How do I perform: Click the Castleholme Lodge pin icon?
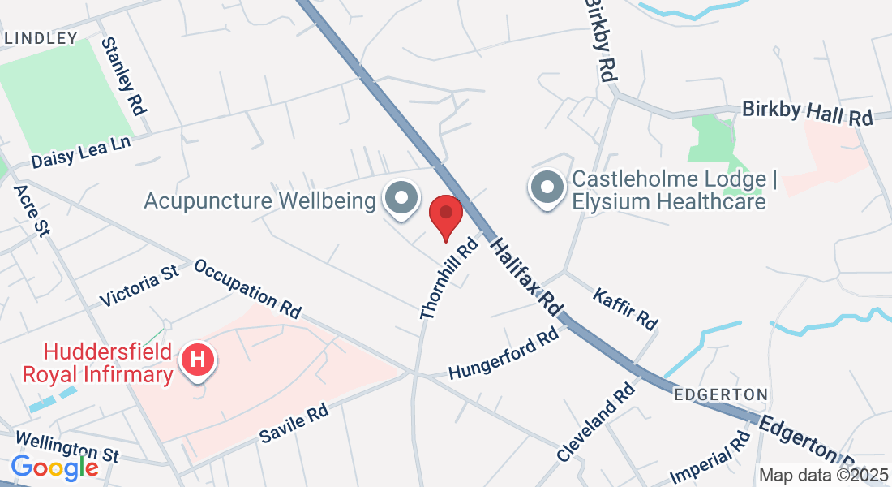point(547,187)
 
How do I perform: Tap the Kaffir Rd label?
point(624,308)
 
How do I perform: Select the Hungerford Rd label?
point(504,353)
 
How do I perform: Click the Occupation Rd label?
point(247,288)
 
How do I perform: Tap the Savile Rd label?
point(294,425)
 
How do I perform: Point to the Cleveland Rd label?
point(595,422)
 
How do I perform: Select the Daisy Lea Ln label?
point(81,150)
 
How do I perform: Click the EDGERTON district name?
point(721,394)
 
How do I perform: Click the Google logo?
point(54,468)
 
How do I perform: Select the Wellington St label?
point(66,446)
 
